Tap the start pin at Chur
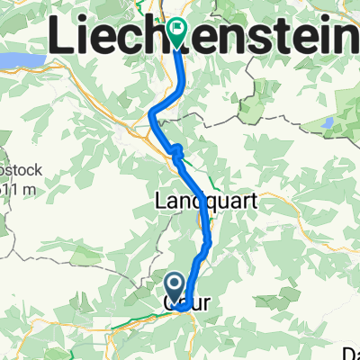176,287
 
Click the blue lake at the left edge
16,61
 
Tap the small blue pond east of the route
328,122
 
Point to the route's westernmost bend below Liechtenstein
150,114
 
